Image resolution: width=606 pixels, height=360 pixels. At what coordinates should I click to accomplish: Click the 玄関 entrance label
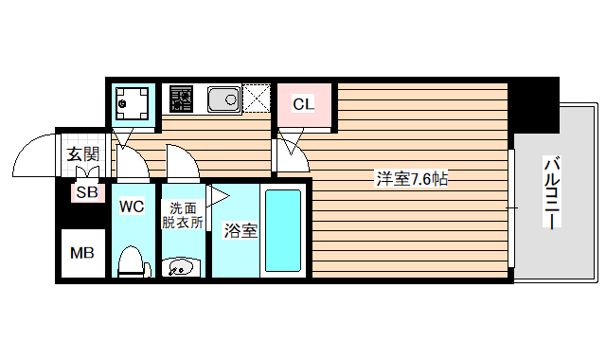pyautogui.click(x=83, y=153)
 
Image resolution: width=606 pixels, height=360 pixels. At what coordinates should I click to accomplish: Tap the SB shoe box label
pyautogui.click(x=86, y=192)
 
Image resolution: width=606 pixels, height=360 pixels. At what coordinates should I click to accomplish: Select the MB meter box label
pyautogui.click(x=82, y=254)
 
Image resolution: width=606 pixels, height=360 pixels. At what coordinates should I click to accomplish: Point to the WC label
pyautogui.click(x=131, y=206)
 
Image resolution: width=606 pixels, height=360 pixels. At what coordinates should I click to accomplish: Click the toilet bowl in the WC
pyautogui.click(x=132, y=260)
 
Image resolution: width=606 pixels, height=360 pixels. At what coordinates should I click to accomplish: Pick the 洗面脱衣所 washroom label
pyautogui.click(x=184, y=215)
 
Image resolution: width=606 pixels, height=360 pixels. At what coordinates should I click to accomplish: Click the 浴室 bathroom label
pyautogui.click(x=241, y=230)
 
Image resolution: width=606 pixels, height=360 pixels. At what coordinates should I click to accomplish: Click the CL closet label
pyautogui.click(x=303, y=104)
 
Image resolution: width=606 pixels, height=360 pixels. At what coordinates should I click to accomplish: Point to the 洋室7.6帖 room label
pyautogui.click(x=412, y=178)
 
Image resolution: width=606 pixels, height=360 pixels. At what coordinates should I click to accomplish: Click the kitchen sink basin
pyautogui.click(x=224, y=98)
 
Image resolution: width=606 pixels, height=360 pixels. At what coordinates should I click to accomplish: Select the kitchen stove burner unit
pyautogui.click(x=180, y=98)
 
